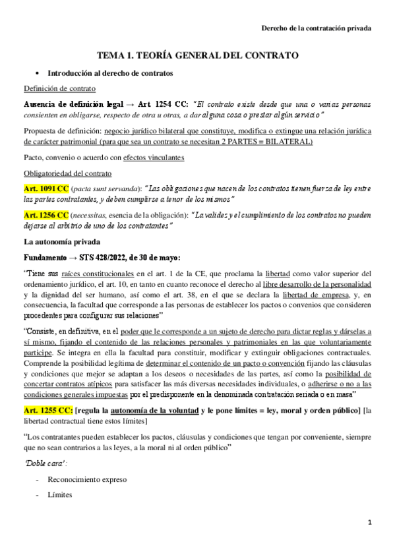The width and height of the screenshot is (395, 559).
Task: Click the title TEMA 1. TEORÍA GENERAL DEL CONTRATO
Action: point(197,57)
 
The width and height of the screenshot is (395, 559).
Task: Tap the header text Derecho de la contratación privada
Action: point(317,28)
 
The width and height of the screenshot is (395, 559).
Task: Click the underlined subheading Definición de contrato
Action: point(59,88)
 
